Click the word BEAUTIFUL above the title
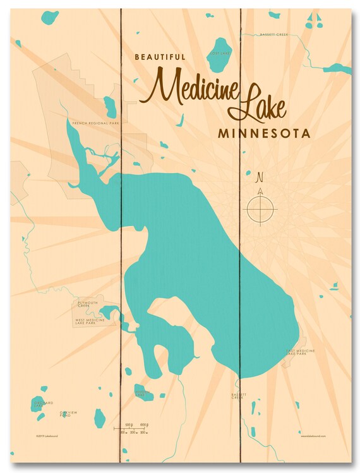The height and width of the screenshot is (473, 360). pyautogui.click(x=160, y=57)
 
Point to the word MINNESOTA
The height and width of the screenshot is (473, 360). pyautogui.click(x=263, y=135)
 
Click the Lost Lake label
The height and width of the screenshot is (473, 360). pyautogui.click(x=220, y=54)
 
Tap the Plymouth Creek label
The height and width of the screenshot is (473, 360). pyautogui.click(x=88, y=304)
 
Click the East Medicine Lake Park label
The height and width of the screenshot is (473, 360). pyautogui.click(x=300, y=352)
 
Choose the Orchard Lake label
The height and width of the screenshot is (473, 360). pyautogui.click(x=44, y=404)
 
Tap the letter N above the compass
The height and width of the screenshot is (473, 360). pyautogui.click(x=259, y=177)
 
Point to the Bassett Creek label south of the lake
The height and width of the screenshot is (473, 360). pyautogui.click(x=237, y=396)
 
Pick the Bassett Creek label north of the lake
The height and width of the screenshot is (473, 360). pyautogui.click(x=274, y=35)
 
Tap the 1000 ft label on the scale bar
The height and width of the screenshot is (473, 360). pyautogui.click(x=144, y=424)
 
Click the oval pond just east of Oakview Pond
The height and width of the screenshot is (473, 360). pyautogui.click(x=99, y=417)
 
